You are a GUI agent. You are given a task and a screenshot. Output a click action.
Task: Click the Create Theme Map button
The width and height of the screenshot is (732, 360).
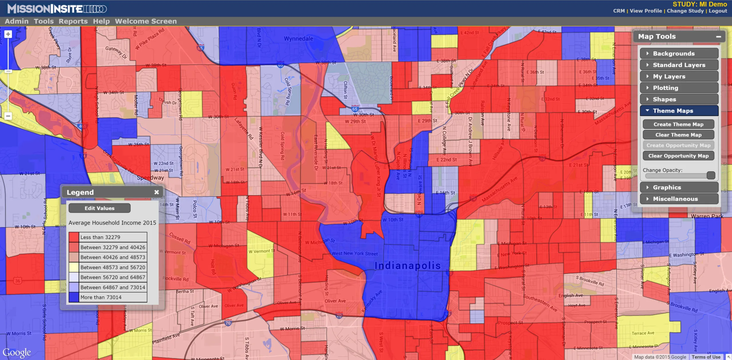tap(678, 124)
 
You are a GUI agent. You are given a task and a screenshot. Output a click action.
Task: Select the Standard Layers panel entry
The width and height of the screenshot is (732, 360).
tap(679, 65)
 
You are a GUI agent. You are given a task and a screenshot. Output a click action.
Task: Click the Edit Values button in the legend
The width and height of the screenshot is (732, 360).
tap(100, 208)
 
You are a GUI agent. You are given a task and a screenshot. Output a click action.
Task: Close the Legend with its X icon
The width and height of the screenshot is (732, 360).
tap(156, 192)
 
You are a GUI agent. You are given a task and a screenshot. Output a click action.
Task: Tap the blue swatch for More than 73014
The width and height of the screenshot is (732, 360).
tap(74, 297)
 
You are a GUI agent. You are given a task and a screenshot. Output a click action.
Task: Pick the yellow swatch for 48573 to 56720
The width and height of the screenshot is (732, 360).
tap(74, 267)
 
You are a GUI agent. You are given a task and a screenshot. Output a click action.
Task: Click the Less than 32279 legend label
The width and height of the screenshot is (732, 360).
tap(100, 237)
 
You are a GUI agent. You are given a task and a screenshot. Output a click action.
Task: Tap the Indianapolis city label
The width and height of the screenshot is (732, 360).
tap(407, 266)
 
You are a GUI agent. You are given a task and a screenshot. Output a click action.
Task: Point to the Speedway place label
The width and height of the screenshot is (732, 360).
tap(150, 178)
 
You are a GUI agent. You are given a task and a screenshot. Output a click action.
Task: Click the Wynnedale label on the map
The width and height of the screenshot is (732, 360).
tap(298, 39)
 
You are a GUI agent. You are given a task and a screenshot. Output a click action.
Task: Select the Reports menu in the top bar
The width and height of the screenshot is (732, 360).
tap(73, 21)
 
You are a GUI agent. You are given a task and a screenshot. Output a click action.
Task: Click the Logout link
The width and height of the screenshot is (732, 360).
tap(718, 11)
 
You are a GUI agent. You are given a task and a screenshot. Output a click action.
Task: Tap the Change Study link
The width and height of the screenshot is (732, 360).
tap(685, 11)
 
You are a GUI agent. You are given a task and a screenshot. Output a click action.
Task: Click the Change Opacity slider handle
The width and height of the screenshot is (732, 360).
tap(711, 175)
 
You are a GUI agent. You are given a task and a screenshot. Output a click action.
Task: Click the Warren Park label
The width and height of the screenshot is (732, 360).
tap(707, 216)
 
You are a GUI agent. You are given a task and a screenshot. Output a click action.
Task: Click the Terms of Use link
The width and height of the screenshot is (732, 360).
tap(706, 357)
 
